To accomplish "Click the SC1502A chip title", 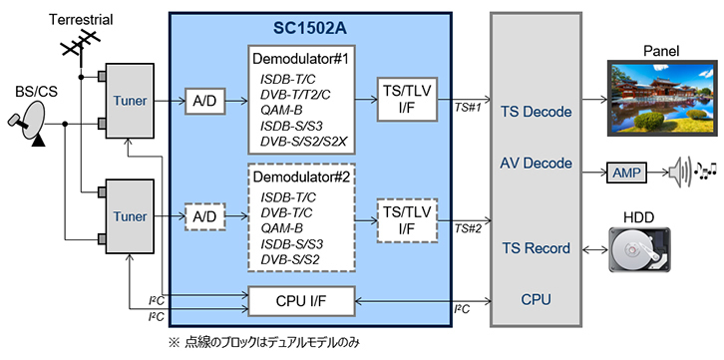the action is (x=310, y=29).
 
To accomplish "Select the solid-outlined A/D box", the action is (x=205, y=101).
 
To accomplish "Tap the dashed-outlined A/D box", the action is (x=205, y=216).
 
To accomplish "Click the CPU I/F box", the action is (x=302, y=301).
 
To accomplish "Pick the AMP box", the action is (x=626, y=174).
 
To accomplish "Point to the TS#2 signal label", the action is (x=469, y=227).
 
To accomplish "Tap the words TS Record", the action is (x=536, y=248).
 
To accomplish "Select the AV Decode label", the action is (x=536, y=163).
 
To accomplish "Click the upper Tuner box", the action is (x=130, y=101).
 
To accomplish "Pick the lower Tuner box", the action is (x=130, y=216).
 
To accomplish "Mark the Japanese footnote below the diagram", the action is (x=264, y=342).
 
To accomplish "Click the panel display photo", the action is (x=661, y=98).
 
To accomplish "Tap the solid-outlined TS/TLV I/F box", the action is (x=407, y=100).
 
